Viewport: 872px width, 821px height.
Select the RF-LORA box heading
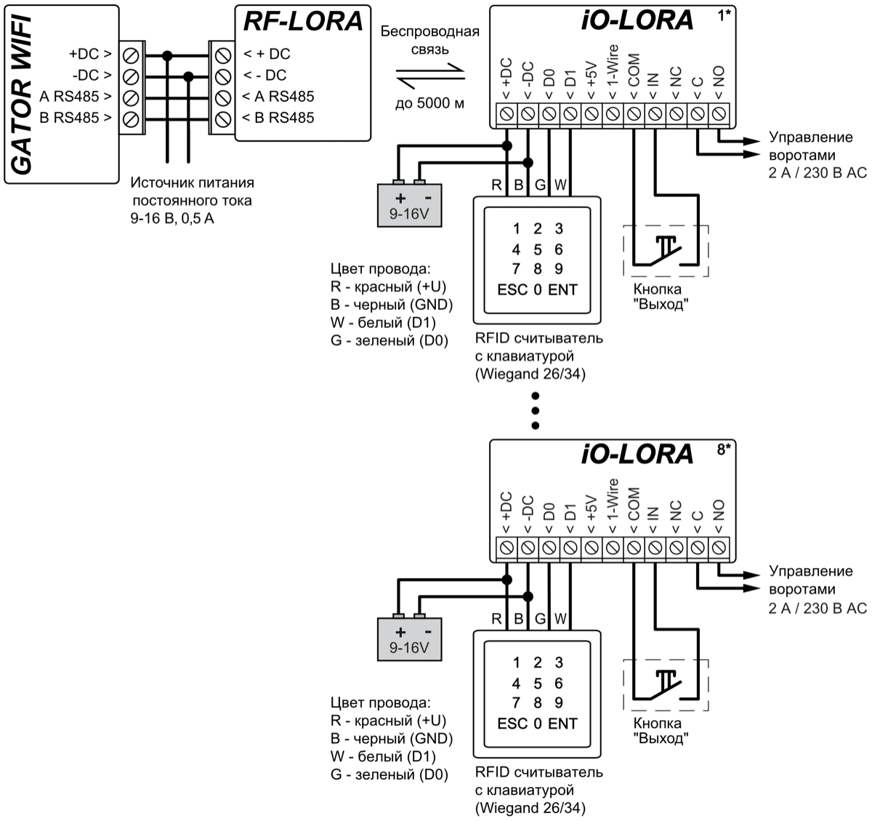pyautogui.click(x=302, y=22)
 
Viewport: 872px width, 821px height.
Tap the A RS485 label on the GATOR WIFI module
pyautogui.click(x=76, y=97)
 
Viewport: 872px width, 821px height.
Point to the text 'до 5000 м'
pyautogui.click(x=429, y=103)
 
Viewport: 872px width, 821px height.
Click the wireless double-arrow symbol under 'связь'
pyautogui.click(x=430, y=73)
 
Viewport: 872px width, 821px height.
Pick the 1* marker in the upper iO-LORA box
pyautogui.click(x=724, y=16)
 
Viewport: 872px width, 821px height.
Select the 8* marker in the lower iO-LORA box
pyautogui.click(x=724, y=449)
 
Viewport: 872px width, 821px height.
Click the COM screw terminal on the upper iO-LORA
pyautogui.click(x=634, y=113)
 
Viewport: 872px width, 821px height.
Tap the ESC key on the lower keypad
pyautogui.click(x=512, y=724)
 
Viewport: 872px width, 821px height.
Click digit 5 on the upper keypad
pyautogui.click(x=538, y=249)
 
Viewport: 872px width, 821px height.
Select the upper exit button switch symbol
pyautogui.click(x=666, y=250)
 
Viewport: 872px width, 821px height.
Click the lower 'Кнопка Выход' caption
pyautogui.click(x=658, y=731)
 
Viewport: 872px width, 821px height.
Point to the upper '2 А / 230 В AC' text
pyautogui.click(x=817, y=174)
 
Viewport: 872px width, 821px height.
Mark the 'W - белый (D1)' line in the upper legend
pyautogui.click(x=383, y=322)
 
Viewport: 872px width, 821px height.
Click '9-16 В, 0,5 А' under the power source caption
pyautogui.click(x=172, y=217)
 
